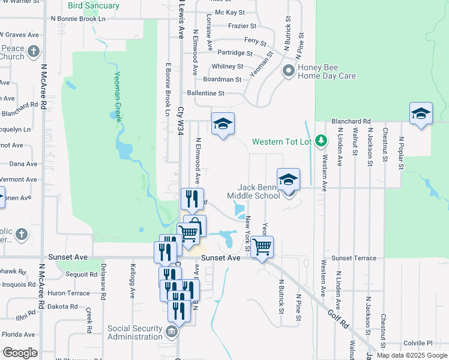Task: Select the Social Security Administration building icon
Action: tap(172, 332)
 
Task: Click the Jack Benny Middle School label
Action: tap(253, 191)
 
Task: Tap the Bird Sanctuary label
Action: tap(94, 5)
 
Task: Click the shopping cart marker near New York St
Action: tap(262, 246)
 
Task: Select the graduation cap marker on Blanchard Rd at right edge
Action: tap(421, 113)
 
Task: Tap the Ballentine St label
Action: tap(205, 93)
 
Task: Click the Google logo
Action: tap(20, 353)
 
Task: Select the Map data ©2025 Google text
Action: tap(411, 355)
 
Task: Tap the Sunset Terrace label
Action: tap(354, 258)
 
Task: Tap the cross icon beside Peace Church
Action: tap(34, 51)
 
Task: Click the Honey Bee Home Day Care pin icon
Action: tap(289, 71)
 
